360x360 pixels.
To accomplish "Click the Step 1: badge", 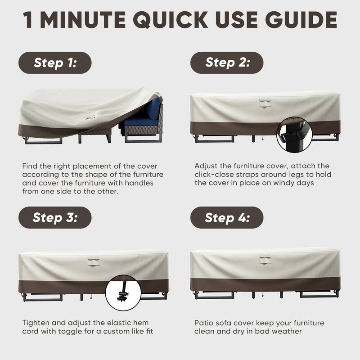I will click(55, 63).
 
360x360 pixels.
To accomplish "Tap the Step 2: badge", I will click(227, 63).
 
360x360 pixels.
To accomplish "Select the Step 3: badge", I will click(55, 218).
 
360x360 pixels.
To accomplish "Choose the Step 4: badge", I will click(227, 218).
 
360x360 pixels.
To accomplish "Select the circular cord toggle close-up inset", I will click(122, 292).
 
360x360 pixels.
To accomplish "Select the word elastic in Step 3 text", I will click(118, 323).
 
